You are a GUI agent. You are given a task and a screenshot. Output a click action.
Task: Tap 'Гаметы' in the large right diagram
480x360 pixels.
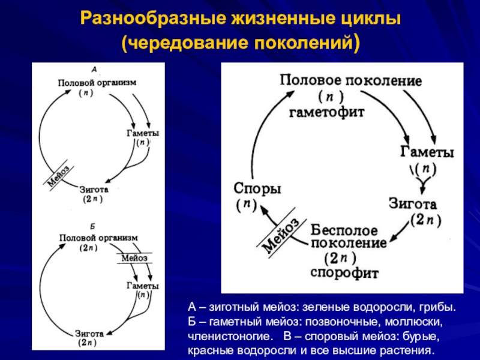(x=427, y=153)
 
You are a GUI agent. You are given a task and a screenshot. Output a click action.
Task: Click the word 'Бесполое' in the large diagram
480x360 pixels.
(x=344, y=230)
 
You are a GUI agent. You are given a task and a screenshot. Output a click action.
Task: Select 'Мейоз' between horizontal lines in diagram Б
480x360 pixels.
(x=135, y=258)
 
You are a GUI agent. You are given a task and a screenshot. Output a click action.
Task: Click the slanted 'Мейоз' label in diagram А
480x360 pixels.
(x=58, y=175)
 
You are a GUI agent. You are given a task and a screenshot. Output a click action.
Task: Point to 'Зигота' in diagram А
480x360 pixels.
(x=94, y=188)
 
